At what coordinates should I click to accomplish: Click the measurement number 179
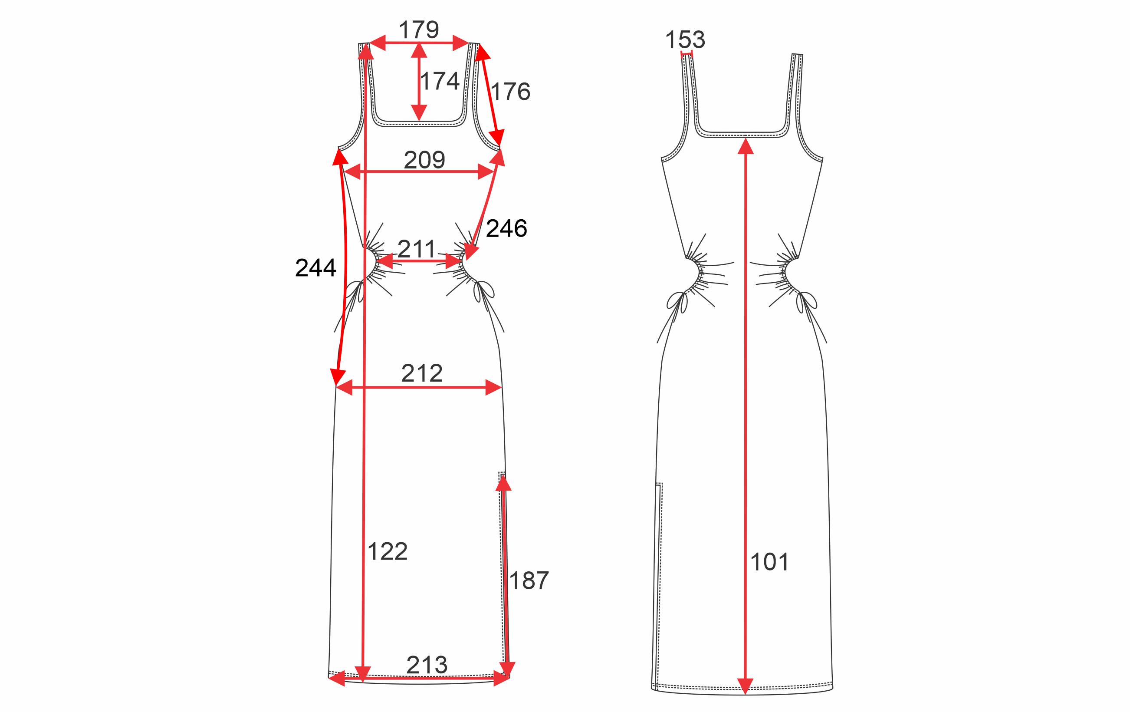(x=419, y=30)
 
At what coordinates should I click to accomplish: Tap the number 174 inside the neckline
(x=439, y=81)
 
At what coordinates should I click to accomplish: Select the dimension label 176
(x=510, y=92)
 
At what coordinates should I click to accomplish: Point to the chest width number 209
(x=424, y=160)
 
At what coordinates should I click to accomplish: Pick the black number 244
(x=315, y=268)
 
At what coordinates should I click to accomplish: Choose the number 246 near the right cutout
(x=506, y=228)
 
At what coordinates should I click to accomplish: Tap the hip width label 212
(x=422, y=374)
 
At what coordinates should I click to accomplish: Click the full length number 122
(x=387, y=551)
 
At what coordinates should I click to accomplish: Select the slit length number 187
(x=529, y=581)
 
